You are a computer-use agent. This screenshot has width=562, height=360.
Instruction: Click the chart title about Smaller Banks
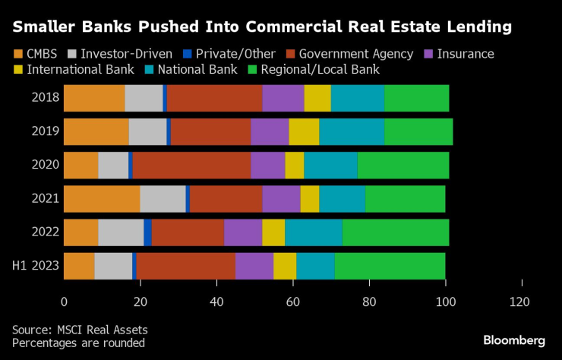(x=261, y=28)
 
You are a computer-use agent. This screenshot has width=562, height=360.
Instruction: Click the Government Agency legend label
(x=355, y=54)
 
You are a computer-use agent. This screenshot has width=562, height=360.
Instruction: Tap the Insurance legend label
(x=466, y=54)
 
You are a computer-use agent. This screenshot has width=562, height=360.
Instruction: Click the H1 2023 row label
(x=36, y=266)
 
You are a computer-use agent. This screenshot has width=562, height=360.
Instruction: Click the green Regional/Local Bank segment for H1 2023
(x=390, y=266)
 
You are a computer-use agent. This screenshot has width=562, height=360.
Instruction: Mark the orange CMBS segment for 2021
(x=102, y=199)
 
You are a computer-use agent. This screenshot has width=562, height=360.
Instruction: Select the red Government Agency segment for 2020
(x=191, y=165)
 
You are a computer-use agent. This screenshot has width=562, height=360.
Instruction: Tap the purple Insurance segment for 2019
(x=270, y=131)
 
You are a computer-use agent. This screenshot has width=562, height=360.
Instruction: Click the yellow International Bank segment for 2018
(x=317, y=98)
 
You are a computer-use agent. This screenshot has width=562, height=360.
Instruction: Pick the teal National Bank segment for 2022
(x=314, y=232)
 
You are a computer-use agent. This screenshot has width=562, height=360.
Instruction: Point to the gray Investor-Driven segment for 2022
(x=121, y=232)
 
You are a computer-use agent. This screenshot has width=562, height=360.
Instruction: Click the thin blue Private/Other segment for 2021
(x=188, y=199)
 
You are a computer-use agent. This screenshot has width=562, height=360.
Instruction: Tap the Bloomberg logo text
(x=513, y=339)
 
